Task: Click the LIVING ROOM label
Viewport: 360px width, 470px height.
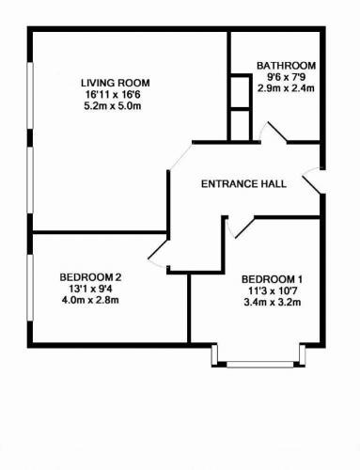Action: pyautogui.click(x=116, y=83)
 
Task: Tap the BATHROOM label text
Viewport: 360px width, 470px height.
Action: pyautogui.click(x=286, y=66)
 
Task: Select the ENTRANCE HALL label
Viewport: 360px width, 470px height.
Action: pyautogui.click(x=243, y=183)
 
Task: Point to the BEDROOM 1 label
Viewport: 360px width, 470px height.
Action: pyautogui.click(x=272, y=279)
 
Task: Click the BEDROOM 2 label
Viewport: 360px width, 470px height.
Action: pyautogui.click(x=90, y=277)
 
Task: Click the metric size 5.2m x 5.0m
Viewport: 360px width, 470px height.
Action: pyautogui.click(x=113, y=106)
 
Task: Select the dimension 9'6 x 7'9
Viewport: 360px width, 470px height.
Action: pyautogui.click(x=286, y=77)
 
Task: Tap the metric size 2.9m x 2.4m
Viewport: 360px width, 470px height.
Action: pyautogui.click(x=286, y=88)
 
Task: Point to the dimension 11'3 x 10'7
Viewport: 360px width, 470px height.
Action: pyautogui.click(x=273, y=290)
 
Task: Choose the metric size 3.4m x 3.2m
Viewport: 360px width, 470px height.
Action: pyautogui.click(x=273, y=303)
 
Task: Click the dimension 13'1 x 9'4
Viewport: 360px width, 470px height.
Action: pyautogui.click(x=90, y=289)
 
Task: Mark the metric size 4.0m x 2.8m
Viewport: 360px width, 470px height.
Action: pyautogui.click(x=90, y=300)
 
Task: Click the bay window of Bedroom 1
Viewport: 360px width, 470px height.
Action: pyautogui.click(x=258, y=357)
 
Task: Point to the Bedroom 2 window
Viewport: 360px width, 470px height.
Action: pyautogui.click(x=30, y=288)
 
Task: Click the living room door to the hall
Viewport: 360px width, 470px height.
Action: pyautogui.click(x=180, y=156)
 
